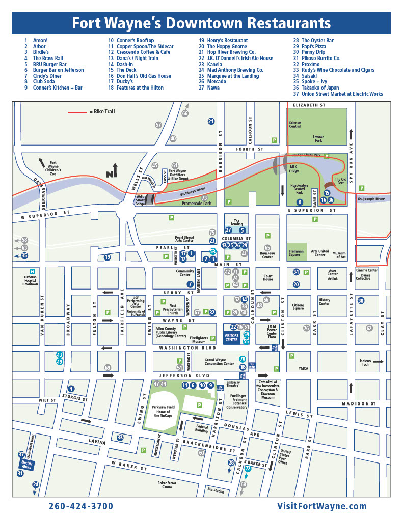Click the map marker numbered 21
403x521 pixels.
(x=211, y=121)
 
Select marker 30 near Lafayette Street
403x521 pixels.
(x=361, y=301)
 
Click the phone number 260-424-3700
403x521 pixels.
(x=81, y=506)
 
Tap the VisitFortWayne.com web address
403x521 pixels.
(x=322, y=506)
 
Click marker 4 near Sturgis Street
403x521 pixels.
(x=71, y=389)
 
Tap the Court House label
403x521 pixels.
(x=268, y=277)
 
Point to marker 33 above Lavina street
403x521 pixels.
(x=120, y=437)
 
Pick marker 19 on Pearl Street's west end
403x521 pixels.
(x=108, y=257)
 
